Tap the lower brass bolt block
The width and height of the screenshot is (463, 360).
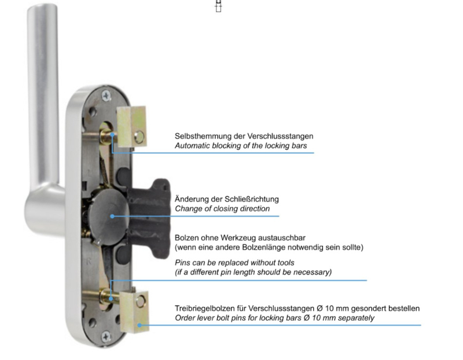(x=134, y=311)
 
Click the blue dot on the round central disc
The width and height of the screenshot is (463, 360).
(x=112, y=216)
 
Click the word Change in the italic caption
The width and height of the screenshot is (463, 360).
(x=188, y=208)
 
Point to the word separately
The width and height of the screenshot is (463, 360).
(x=352, y=318)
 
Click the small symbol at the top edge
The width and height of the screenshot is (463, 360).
(x=219, y=6)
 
